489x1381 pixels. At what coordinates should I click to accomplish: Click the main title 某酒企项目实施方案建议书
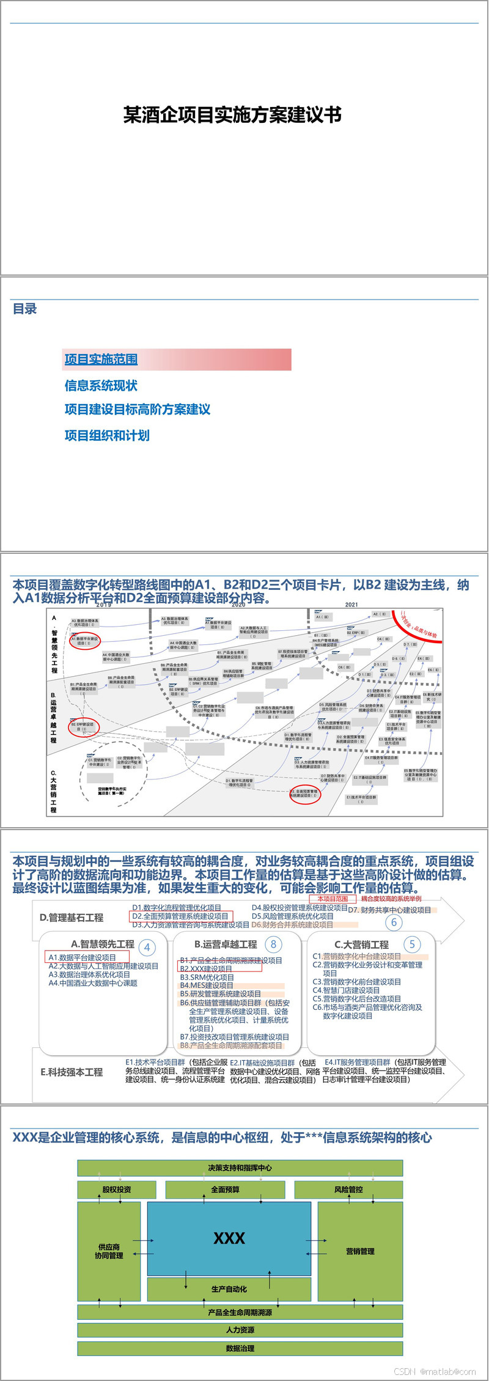[x=232, y=115]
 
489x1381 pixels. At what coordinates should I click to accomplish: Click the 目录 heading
[x=25, y=309]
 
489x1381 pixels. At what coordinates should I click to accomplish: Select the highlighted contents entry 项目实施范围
[x=101, y=359]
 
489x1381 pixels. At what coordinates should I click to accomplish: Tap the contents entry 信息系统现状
[x=101, y=386]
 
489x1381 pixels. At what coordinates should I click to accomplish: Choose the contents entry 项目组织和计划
[x=107, y=435]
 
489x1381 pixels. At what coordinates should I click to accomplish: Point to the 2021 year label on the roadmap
[x=351, y=605]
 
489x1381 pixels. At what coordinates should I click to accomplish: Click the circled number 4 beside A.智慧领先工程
[x=147, y=948]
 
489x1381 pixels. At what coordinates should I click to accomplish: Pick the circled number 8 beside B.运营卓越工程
[x=273, y=945]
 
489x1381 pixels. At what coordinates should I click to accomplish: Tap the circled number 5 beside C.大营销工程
[x=412, y=945]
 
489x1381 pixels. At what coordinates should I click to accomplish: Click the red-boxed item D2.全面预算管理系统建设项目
[x=180, y=916]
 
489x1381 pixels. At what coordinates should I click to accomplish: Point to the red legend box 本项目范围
[x=333, y=899]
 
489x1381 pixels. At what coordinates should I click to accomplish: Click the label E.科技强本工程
[x=72, y=1072]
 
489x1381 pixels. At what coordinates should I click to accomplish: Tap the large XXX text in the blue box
[x=229, y=1239]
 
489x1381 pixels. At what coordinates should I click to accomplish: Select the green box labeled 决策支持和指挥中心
[x=240, y=1168]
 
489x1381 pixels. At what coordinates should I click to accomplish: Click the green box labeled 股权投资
[x=116, y=1190]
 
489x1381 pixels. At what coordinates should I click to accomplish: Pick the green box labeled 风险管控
[x=348, y=1190]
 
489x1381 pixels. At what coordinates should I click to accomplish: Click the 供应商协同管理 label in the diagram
[x=109, y=1251]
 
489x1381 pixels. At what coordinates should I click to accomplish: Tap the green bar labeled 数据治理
[x=240, y=1348]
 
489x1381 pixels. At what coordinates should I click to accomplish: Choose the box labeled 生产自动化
[x=229, y=1289]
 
